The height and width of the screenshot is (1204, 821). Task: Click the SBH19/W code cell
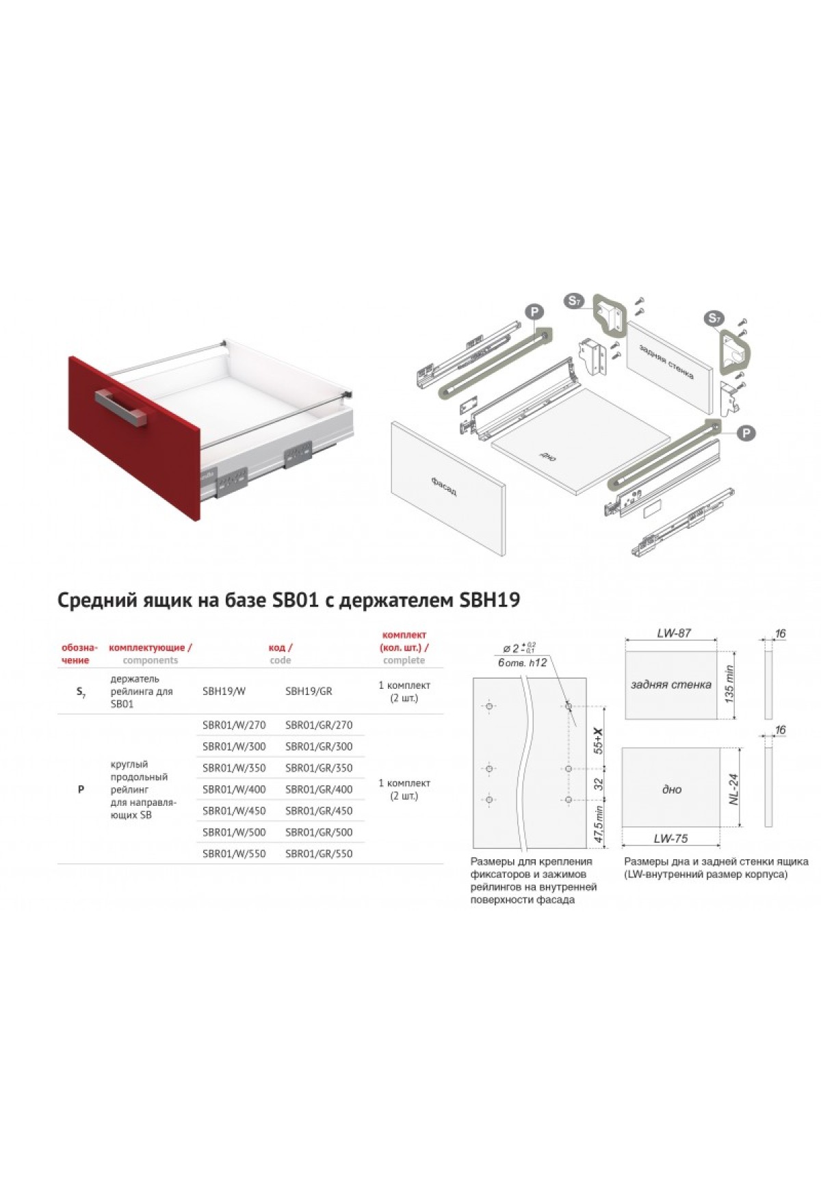coord(224,691)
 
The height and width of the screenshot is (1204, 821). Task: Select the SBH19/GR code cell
coord(309,691)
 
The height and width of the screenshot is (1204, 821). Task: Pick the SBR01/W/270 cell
coord(234,724)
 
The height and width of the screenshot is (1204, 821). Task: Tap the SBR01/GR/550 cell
coord(319,853)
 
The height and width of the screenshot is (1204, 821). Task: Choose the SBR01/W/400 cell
coord(234,789)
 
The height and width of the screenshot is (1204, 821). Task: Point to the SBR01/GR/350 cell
coord(319,768)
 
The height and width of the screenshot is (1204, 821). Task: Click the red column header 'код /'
coord(281,647)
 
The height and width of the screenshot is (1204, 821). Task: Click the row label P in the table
coord(81,789)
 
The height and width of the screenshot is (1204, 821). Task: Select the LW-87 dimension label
coord(673,633)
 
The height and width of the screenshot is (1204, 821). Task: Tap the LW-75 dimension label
coord(670,838)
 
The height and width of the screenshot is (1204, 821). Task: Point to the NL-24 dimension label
coord(734,789)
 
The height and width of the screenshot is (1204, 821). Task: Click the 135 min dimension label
coord(729,684)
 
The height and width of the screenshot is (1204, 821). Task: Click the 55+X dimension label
coord(599,741)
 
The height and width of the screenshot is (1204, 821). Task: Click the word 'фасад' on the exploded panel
coord(444,486)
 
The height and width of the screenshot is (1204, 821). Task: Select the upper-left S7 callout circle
coord(575,300)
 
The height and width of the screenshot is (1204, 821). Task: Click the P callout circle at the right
coord(747,432)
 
